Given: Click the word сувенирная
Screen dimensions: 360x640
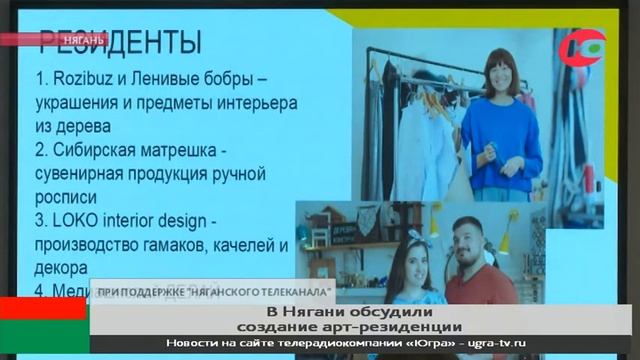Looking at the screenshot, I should coord(84,174).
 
